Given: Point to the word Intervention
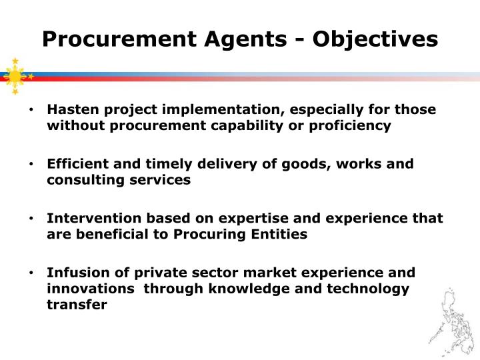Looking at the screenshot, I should (x=89, y=219).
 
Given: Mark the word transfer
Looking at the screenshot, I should (x=77, y=305).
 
